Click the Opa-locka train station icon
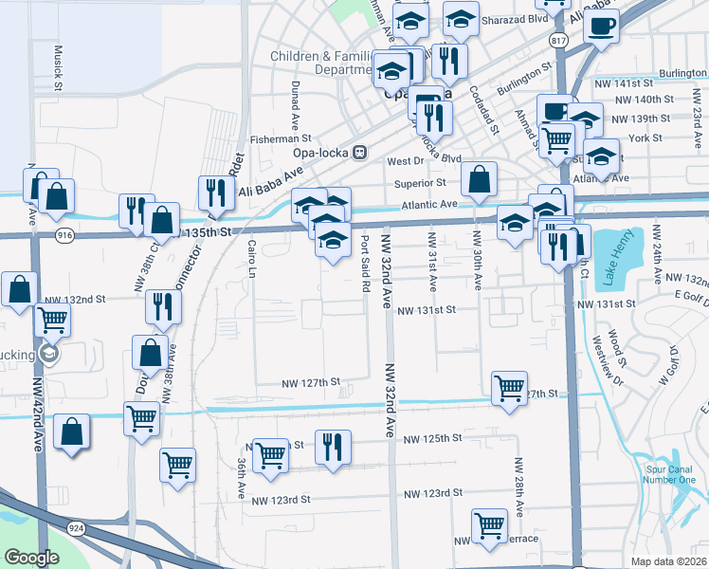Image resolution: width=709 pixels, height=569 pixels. tap(359, 153)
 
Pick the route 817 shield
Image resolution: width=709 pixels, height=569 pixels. tap(558, 40)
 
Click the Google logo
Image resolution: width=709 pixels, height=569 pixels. tap(32, 558)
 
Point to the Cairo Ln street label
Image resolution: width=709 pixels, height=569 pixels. tap(252, 257)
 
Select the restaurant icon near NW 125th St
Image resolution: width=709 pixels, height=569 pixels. tap(333, 446)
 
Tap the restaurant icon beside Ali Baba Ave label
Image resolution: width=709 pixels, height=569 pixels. tap(216, 193)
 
